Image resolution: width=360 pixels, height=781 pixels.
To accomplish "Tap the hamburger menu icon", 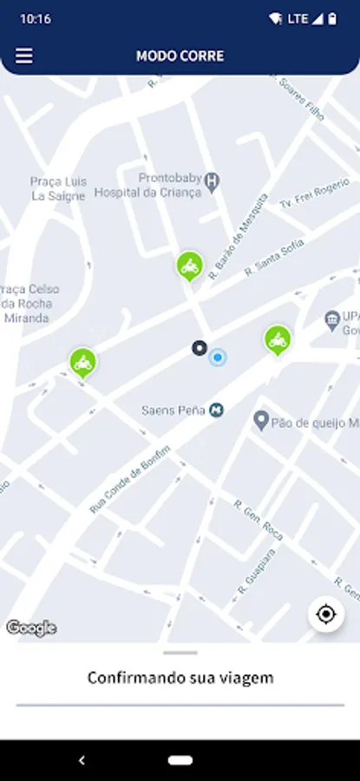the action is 24,56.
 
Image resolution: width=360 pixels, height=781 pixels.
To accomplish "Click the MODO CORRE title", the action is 180,56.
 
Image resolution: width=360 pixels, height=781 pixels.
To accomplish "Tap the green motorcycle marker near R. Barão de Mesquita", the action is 189,266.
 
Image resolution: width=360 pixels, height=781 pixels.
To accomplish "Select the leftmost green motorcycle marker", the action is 83,362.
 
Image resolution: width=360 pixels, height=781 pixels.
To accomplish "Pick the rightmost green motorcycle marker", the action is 278,339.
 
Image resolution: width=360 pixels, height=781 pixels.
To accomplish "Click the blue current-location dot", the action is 218,357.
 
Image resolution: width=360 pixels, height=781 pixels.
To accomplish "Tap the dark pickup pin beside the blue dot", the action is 200,348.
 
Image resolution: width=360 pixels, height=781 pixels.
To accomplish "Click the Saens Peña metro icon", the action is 217,410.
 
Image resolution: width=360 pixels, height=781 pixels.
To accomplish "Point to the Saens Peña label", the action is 173,410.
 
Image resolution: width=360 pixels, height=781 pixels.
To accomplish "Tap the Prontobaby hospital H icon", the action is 212,180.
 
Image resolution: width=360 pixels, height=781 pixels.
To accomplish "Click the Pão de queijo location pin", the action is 259,421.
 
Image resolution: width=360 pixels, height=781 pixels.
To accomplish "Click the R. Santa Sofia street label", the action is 273,259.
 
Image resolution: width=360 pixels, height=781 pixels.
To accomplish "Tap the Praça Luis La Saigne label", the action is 58,188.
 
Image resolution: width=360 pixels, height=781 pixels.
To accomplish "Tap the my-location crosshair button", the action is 326,614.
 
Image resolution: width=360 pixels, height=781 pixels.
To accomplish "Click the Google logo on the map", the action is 31,628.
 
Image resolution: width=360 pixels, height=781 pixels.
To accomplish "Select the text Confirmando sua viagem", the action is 180,678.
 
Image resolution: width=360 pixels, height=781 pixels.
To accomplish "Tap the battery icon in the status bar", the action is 332,18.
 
